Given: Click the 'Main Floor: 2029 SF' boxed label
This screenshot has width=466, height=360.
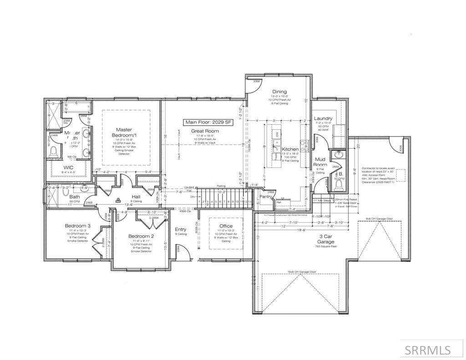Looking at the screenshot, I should [x=207, y=122].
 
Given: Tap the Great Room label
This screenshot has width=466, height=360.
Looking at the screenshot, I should [x=204, y=131].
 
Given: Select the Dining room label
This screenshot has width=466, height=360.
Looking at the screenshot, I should [x=279, y=91].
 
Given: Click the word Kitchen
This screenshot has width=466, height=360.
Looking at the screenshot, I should [x=290, y=149].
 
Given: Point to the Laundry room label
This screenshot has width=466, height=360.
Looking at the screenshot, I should [x=323, y=119].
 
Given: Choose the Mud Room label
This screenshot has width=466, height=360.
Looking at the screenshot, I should [x=320, y=162].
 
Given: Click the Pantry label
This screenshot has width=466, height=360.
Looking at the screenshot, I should [x=266, y=197].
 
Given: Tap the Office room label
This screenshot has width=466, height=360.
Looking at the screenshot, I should [x=226, y=226].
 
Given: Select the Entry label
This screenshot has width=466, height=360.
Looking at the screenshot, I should [x=181, y=229].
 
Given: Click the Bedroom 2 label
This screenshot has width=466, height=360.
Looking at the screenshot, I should [x=141, y=236].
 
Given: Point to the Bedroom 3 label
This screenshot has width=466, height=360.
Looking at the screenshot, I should [x=77, y=226].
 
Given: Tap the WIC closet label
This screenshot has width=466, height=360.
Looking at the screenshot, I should [x=69, y=167].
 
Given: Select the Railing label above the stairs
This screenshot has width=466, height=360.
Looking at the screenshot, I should [x=221, y=186].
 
